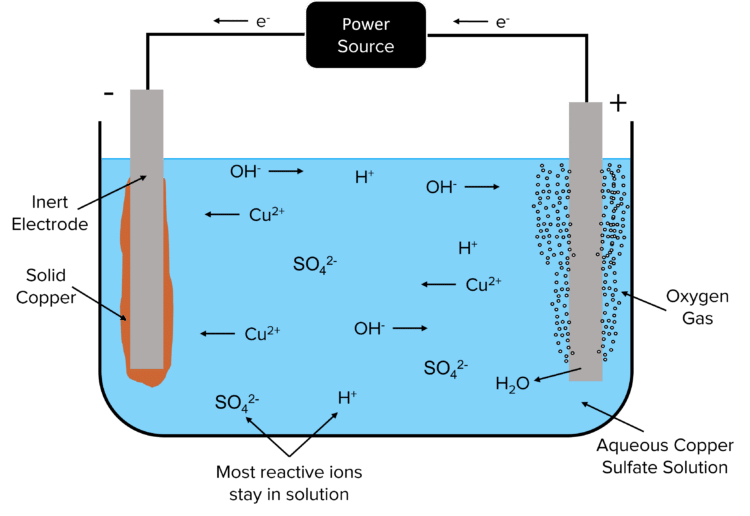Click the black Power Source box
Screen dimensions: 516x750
pos(365,35)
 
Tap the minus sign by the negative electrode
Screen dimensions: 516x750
pos(108,95)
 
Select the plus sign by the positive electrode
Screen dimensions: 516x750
pos(619,103)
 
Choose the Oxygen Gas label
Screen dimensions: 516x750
pos(689,307)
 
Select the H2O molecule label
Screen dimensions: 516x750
pos(512,384)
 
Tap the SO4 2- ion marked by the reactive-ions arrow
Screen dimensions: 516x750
pos(237,403)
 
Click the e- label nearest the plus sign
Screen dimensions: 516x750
pos(502,20)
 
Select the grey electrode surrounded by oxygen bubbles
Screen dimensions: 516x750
pos(586,240)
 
